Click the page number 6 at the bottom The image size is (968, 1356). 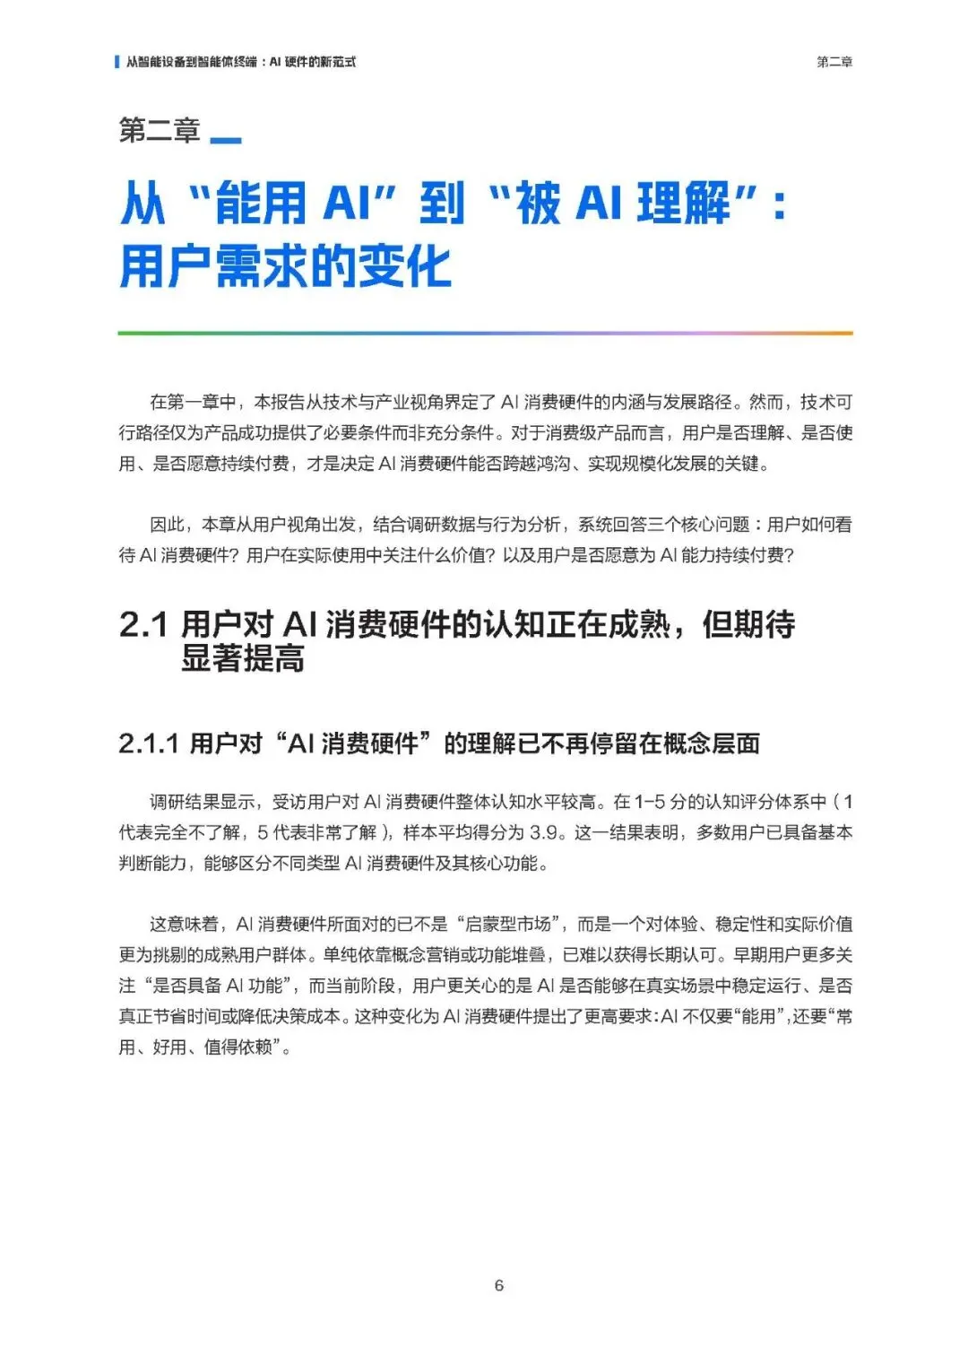pyautogui.click(x=498, y=1285)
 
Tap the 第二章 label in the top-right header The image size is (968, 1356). pyautogui.click(x=834, y=62)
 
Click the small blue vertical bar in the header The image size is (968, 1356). pyautogui.click(x=117, y=62)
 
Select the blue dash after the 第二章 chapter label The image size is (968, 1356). pyautogui.click(x=225, y=140)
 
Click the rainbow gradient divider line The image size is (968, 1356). pyautogui.click(x=485, y=334)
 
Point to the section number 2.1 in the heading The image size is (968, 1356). pyautogui.click(x=143, y=624)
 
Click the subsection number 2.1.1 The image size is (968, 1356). pyautogui.click(x=149, y=743)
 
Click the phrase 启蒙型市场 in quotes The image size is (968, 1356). pyautogui.click(x=507, y=924)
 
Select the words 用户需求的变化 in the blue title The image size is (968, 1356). pyautogui.click(x=285, y=266)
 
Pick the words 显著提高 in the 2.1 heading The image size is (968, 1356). pyautogui.click(x=242, y=658)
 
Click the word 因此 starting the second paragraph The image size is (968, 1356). pyautogui.click(x=167, y=525)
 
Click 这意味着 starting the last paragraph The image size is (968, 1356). pyautogui.click(x=184, y=924)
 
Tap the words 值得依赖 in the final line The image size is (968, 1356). pyautogui.click(x=238, y=1047)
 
